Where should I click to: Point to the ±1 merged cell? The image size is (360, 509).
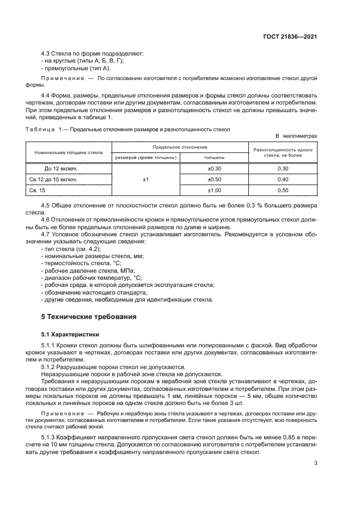145,179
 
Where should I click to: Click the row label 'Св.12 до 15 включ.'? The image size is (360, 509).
52,179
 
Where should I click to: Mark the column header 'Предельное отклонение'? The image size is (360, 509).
179,147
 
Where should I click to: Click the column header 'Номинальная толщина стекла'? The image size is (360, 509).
69,152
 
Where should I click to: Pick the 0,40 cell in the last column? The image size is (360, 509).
283,179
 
